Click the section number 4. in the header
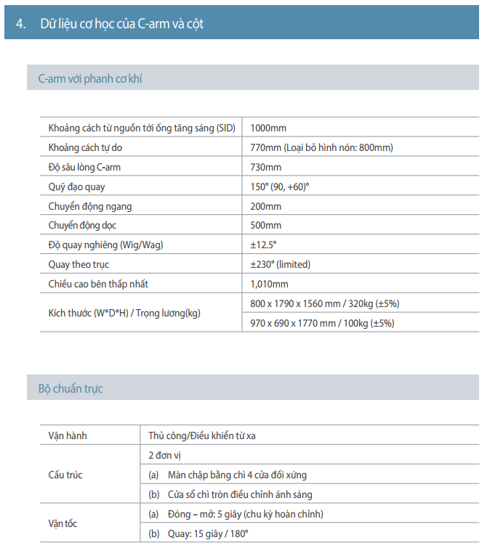point(22,24)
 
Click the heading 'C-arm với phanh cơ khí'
point(91,78)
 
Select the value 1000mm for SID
point(268,128)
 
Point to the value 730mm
point(265,167)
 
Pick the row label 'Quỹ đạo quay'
point(76,187)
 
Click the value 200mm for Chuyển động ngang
point(265,206)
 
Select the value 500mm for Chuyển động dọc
point(265,226)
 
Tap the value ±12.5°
point(263,245)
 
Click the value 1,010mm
point(269,285)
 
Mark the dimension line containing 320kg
point(324,303)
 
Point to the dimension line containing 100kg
point(322,324)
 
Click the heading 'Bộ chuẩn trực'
point(71,389)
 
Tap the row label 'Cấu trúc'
point(65,475)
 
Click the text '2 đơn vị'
point(165,455)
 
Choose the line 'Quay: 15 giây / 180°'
point(198,533)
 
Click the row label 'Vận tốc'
point(63,523)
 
